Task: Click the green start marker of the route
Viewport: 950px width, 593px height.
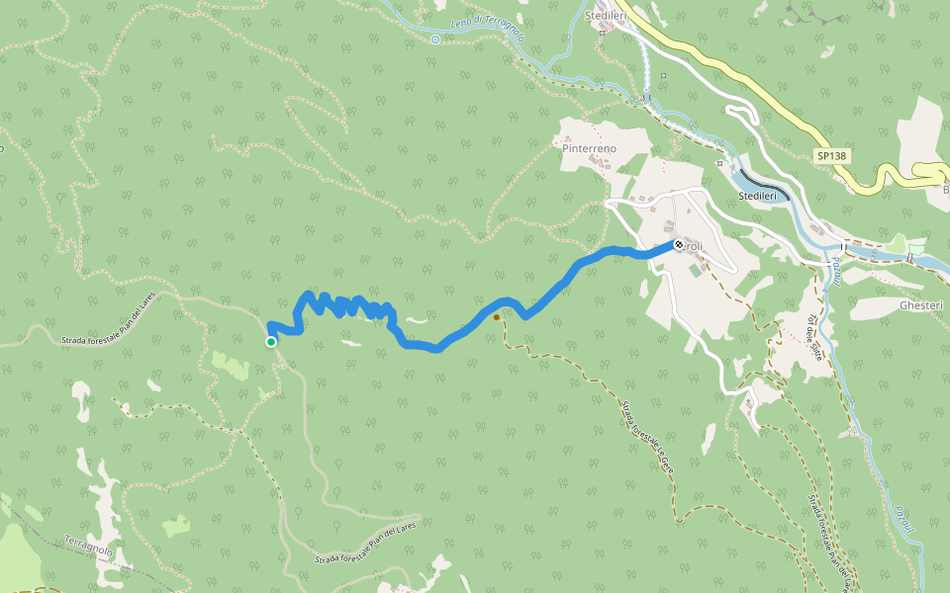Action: point(271,342)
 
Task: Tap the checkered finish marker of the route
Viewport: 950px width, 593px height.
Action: point(679,244)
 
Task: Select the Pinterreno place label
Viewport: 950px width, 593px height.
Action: point(589,148)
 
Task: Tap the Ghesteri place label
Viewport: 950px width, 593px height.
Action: point(921,305)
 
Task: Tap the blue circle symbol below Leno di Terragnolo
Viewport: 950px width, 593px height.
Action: point(435,40)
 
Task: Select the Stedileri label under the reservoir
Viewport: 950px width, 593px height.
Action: point(761,198)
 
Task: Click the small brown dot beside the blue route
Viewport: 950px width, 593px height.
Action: point(496,317)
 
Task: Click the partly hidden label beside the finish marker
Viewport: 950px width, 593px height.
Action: point(695,247)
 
